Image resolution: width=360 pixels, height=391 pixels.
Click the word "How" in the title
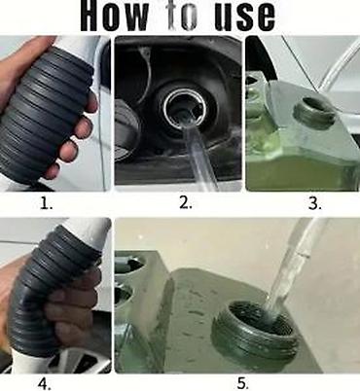(114, 16)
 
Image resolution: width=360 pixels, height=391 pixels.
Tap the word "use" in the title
(245, 17)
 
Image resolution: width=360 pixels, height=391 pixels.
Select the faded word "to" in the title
(182, 16)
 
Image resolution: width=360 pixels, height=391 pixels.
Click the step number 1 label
(46, 203)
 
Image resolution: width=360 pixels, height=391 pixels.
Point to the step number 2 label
(186, 203)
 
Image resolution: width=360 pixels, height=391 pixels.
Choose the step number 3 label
(314, 203)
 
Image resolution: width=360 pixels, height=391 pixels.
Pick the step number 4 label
(45, 384)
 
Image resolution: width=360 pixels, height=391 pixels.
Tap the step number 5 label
(243, 384)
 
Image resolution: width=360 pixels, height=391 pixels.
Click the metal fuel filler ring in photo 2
(184, 106)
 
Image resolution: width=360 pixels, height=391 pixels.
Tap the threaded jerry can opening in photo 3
(314, 114)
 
